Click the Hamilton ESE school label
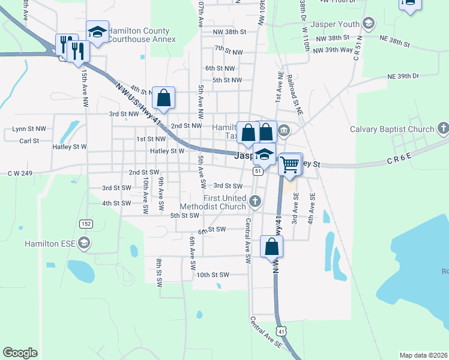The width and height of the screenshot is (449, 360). coord(50,243)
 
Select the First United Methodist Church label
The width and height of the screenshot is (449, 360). coord(216,202)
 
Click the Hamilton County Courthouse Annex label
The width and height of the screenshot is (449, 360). coord(142,34)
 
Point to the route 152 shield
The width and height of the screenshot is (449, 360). coord(86,223)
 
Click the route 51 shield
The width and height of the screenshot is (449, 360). coord(258,172)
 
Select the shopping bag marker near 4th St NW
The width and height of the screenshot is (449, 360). coord(163,97)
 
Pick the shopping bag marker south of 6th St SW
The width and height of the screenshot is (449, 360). coord(272,246)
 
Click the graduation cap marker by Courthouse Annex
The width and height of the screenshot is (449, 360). coord(97,32)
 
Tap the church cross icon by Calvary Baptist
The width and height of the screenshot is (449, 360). coord(443,128)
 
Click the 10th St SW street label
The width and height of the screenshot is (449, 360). coord(213,275)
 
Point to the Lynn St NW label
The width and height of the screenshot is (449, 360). coord(29,129)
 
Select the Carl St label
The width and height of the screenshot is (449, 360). coord(29,141)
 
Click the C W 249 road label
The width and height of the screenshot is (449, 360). coord(22,173)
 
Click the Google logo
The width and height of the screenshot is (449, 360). coord(20,352)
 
